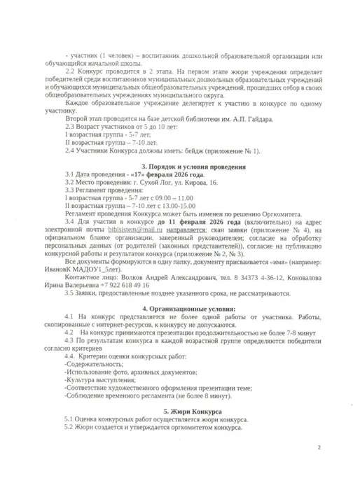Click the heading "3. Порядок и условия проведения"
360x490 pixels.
click(194, 168)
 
